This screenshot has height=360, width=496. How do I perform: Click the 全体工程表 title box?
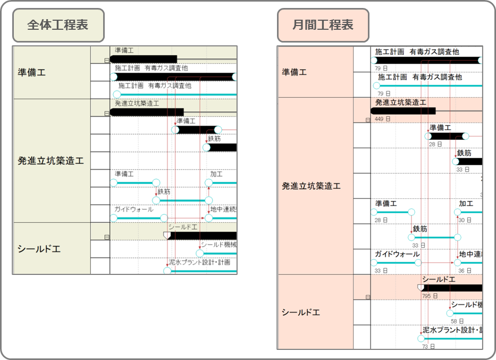pos(58,25)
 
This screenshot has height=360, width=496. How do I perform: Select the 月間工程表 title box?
pos(323,25)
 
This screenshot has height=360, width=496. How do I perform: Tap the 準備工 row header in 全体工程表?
pos(32,72)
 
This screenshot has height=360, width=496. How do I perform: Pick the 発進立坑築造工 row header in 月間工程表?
pos(311,186)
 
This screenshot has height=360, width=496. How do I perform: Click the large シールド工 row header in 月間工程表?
pos(301,312)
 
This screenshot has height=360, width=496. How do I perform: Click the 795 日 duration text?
pos(429,296)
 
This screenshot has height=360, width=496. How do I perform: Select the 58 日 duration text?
pos(457,321)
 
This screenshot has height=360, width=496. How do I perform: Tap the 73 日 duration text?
pos(428,347)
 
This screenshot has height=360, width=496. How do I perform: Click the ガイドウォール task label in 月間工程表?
pos(397,254)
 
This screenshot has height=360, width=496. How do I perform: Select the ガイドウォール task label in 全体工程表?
pos(134,209)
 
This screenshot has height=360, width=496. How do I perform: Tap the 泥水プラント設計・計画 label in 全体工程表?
pos(199,262)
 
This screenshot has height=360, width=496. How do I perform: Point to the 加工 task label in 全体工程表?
pos(216,174)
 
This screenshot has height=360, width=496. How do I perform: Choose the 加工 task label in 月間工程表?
pos(466,204)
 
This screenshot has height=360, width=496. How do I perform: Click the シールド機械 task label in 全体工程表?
pos(218,245)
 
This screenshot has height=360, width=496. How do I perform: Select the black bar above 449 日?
pos(403,111)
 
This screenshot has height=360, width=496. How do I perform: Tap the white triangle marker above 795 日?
pos(421,288)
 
